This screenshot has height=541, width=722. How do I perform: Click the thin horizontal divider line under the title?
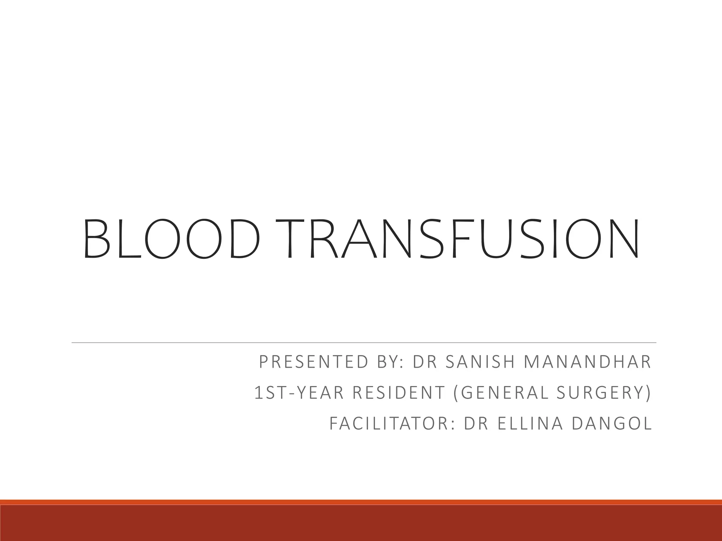363,342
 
